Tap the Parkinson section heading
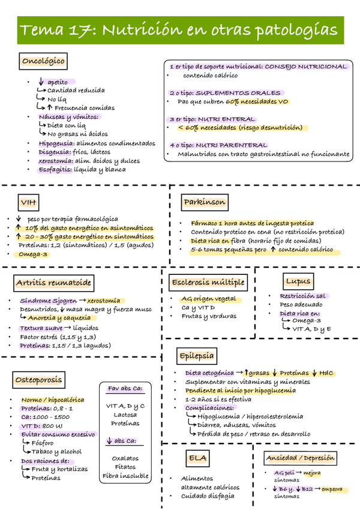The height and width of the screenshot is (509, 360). [205, 203]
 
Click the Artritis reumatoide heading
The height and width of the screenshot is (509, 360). [54, 282]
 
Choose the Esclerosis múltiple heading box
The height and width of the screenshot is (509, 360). [208, 282]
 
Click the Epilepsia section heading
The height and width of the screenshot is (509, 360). [196, 356]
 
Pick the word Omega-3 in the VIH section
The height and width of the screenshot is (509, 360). [34, 254]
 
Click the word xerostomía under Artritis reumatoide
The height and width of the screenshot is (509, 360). [103, 301]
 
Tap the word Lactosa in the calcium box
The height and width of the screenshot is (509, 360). [125, 415]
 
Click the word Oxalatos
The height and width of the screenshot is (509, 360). [125, 457]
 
